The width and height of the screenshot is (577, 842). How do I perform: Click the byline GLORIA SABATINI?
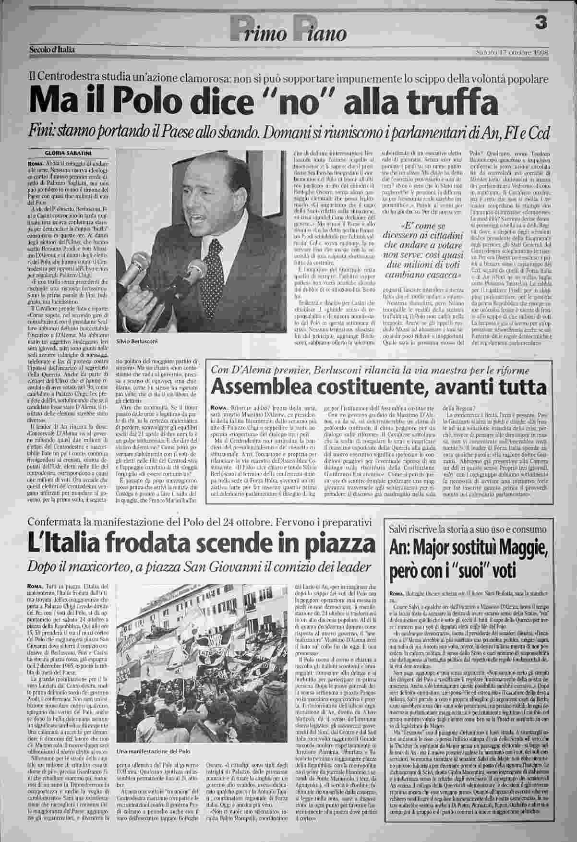pos(61,153)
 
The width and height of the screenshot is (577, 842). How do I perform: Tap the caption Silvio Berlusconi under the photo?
pos(137,340)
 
